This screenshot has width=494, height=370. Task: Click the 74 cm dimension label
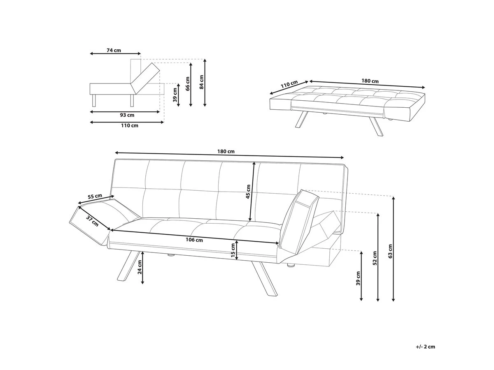point(114,51)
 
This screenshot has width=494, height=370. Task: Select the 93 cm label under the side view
point(127,115)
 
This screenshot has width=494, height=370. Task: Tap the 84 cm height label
point(201,82)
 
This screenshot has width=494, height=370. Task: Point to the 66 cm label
point(187,84)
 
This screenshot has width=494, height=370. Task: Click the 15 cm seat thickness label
point(233,250)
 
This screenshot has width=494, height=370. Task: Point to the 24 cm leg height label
point(140,267)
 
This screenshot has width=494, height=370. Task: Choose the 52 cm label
point(375,257)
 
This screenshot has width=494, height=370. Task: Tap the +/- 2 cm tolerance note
point(425,347)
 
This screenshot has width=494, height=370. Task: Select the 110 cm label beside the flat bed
point(289,86)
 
